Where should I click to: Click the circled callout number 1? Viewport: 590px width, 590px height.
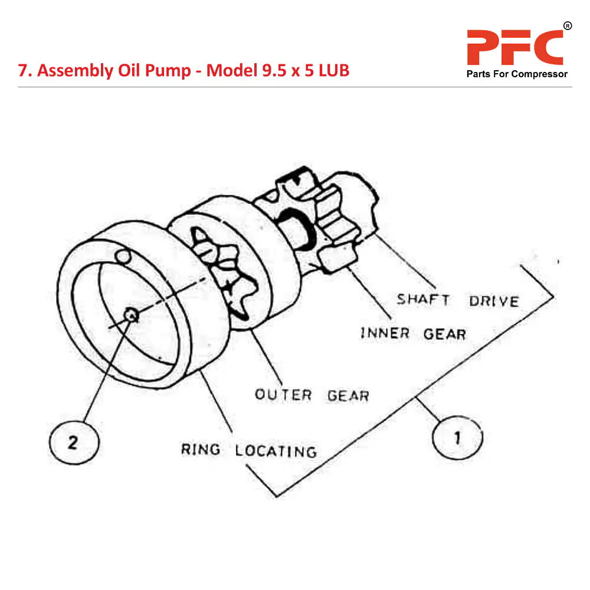[457, 438]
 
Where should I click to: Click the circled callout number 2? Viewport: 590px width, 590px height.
[73, 442]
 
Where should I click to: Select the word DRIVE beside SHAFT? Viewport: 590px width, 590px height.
[494, 301]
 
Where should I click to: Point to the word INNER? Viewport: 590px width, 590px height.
[385, 333]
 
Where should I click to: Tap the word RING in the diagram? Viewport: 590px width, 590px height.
[201, 450]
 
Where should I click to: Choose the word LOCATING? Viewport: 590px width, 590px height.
[276, 451]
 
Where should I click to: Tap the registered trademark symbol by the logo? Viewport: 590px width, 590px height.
[567, 26]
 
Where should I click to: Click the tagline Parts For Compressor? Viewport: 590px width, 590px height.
[517, 74]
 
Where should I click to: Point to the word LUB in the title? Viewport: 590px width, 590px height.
[333, 71]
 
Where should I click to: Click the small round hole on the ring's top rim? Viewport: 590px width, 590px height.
[123, 256]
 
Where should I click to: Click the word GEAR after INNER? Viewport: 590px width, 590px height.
[444, 334]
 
